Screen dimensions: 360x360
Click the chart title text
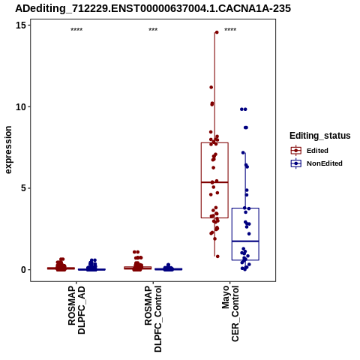click(x=153, y=8)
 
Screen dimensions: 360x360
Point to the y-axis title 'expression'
click(x=8, y=150)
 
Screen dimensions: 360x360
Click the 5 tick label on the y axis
click(x=24, y=188)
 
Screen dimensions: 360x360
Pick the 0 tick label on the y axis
click(x=24, y=270)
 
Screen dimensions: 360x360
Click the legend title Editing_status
click(x=320, y=136)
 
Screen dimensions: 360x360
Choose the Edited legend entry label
click(x=317, y=151)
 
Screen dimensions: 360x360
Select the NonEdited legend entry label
click(x=325, y=163)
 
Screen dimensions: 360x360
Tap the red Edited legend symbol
click(x=296, y=151)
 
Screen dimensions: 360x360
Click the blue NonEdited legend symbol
click(x=296, y=163)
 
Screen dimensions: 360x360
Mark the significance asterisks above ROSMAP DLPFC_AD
click(x=76, y=30)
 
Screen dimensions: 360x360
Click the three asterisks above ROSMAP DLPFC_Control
click(x=153, y=30)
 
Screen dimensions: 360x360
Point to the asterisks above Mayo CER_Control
click(x=230, y=30)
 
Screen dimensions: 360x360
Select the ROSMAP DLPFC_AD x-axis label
click(x=76, y=310)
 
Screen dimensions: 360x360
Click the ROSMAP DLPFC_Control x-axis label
click(x=153, y=319)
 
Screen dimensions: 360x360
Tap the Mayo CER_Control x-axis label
click(x=230, y=313)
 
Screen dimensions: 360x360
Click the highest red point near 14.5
click(x=217, y=32)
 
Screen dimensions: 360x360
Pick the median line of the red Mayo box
click(x=214, y=182)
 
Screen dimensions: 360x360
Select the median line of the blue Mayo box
click(x=245, y=241)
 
